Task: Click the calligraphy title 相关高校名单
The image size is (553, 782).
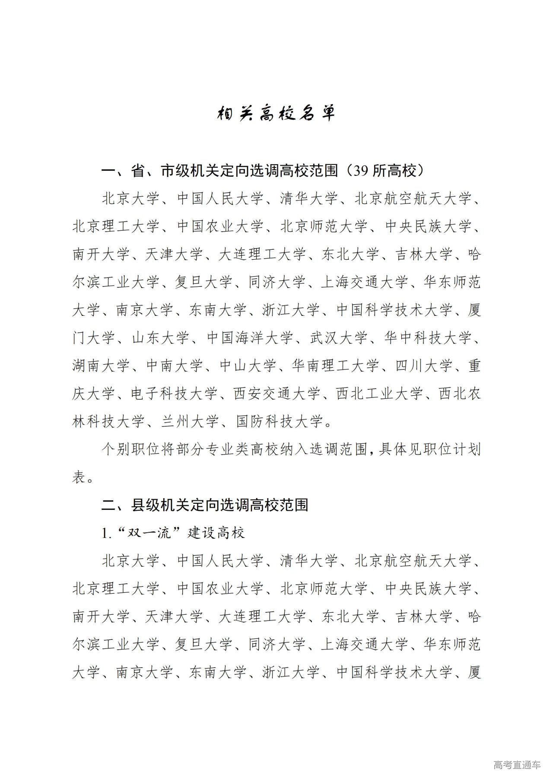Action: [276, 113]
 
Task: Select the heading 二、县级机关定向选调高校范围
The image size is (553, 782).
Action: [205, 505]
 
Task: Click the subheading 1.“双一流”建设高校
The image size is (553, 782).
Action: [173, 533]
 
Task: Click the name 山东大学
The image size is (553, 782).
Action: [160, 338]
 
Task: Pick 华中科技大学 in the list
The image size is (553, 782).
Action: [428, 338]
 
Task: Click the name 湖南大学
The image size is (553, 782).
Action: [101, 366]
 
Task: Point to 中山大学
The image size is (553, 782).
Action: [248, 366]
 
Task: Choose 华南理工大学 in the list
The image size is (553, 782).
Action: [336, 366]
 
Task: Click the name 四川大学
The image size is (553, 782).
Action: [424, 366]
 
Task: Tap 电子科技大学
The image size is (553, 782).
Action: [175, 394]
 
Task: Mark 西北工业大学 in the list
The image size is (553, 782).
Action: [380, 394]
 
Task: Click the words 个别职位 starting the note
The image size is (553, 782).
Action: [130, 449]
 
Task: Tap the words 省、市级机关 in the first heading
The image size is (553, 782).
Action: [175, 172]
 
